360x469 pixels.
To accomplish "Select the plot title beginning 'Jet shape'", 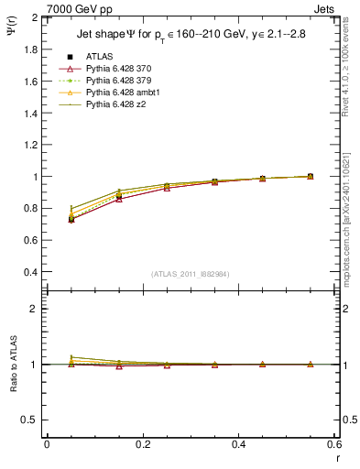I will click(191, 36).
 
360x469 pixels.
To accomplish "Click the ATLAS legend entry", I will click(101, 56).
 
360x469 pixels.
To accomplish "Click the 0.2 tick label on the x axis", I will click(142, 444).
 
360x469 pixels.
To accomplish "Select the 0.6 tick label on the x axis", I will click(333, 444).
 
